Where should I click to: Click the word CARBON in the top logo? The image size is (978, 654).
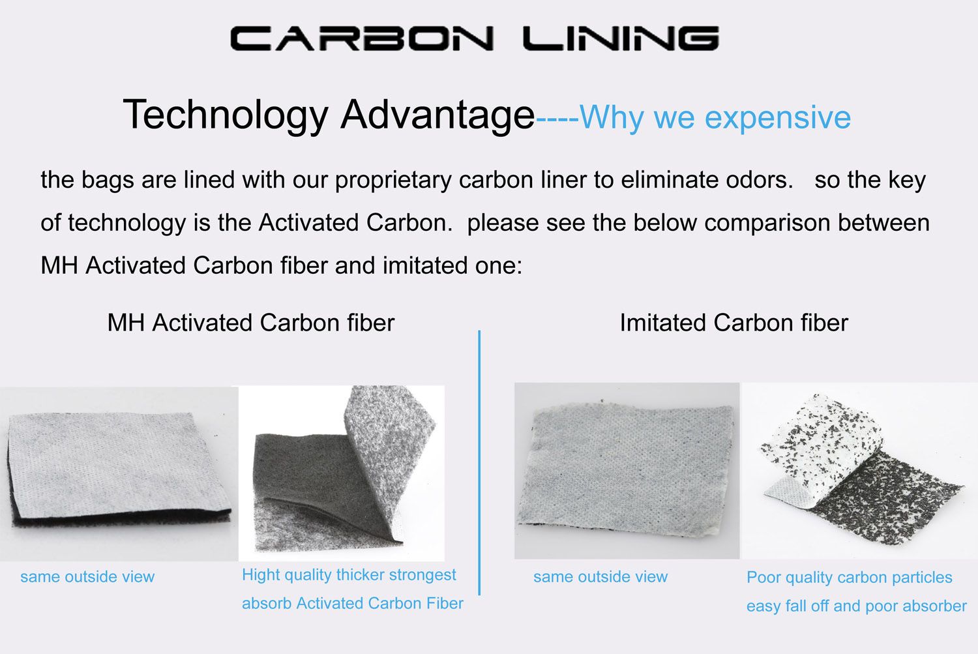coord(361,38)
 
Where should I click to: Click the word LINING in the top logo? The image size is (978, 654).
coord(621,38)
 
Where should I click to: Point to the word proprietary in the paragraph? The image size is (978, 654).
coord(393,181)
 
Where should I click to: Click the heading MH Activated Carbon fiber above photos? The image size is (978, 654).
coord(250,323)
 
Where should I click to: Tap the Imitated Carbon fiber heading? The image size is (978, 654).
coord(733,323)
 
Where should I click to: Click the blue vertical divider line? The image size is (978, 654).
coord(479,463)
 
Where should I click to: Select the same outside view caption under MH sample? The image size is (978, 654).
coord(87,576)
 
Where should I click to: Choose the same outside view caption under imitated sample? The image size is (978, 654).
coord(600,576)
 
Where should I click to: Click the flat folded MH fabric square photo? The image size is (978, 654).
coord(117,469)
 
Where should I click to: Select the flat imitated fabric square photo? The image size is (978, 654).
coord(627,470)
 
